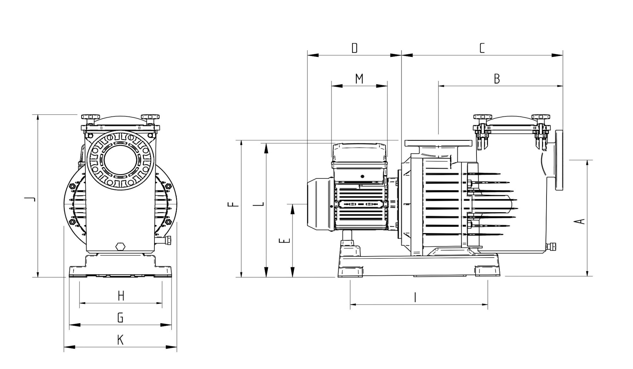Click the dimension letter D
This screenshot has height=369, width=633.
tap(354, 48)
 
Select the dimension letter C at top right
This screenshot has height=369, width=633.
tap(482, 48)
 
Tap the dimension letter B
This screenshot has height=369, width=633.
tap(497, 79)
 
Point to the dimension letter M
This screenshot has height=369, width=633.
tap(359, 79)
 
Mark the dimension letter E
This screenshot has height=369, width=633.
tap(285, 241)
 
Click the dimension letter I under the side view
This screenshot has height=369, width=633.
tap(415, 297)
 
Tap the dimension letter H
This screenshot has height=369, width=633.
tap(121, 296)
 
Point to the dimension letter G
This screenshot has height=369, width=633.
tap(120, 318)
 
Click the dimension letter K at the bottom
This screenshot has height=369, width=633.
tap(120, 340)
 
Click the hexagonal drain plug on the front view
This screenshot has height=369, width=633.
tap(120, 246)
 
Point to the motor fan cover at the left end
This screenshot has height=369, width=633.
tap(319, 204)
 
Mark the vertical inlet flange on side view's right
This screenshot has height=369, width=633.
tap(559, 160)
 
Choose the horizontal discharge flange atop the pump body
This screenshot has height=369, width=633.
tap(438, 143)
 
